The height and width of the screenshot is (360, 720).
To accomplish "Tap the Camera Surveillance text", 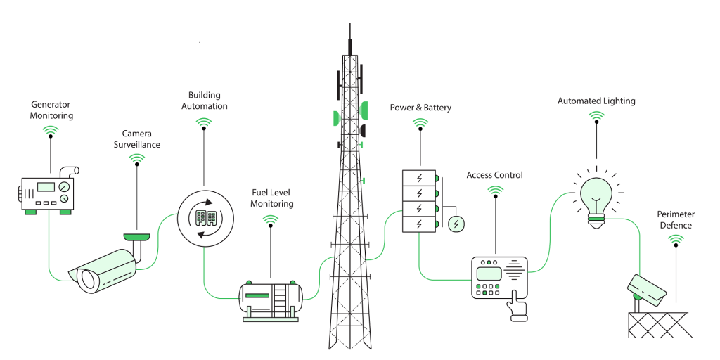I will click(x=141, y=139).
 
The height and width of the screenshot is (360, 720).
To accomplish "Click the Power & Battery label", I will click(x=420, y=108).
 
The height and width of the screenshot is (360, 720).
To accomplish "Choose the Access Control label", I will click(x=494, y=175).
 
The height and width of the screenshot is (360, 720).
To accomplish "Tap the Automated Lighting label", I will click(x=596, y=101).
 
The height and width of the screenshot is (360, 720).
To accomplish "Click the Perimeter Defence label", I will click(x=674, y=219).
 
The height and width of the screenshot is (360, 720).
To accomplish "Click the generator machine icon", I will click(x=46, y=191).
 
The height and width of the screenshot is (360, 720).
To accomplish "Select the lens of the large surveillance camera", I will click(x=87, y=280).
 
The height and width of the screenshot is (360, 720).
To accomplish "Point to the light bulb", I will click(x=596, y=195).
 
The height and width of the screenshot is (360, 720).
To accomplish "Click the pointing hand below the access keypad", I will click(x=518, y=306).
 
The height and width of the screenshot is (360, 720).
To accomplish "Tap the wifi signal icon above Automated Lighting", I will click(x=596, y=117).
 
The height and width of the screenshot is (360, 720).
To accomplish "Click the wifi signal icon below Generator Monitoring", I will click(x=51, y=131).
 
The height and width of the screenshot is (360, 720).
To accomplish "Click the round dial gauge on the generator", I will click(x=65, y=186).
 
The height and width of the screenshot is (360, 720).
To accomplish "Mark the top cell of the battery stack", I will click(x=419, y=177).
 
